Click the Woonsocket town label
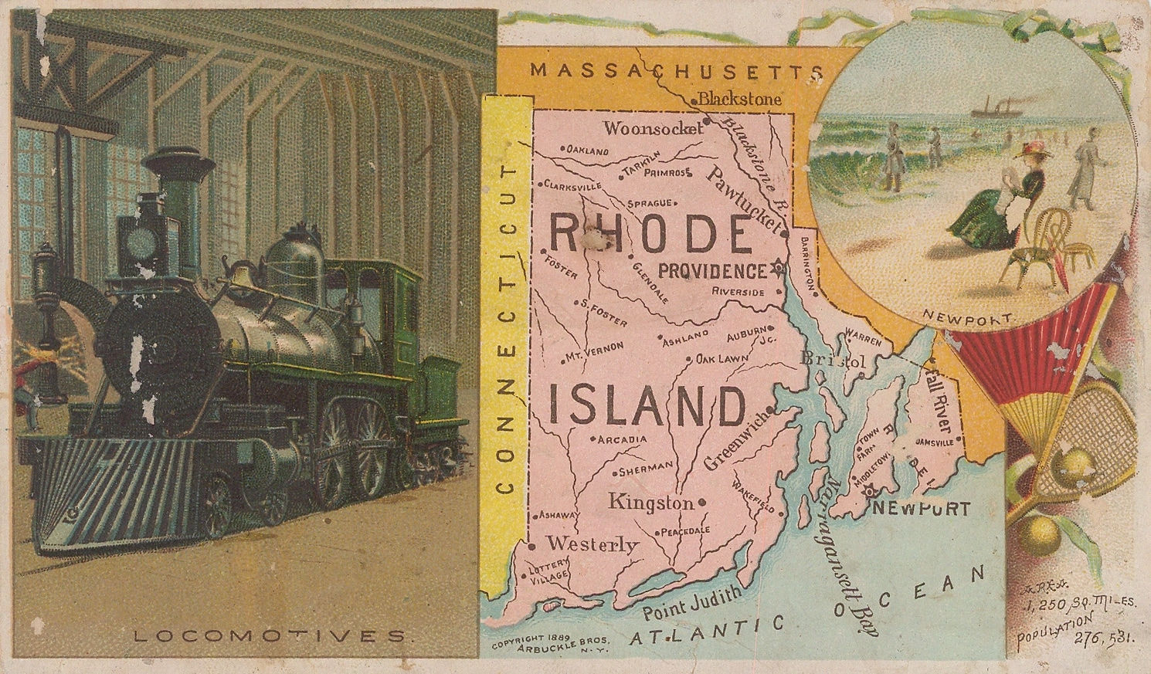[653, 128]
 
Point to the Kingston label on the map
[651, 503]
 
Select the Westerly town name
[592, 544]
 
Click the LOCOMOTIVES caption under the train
[269, 637]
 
